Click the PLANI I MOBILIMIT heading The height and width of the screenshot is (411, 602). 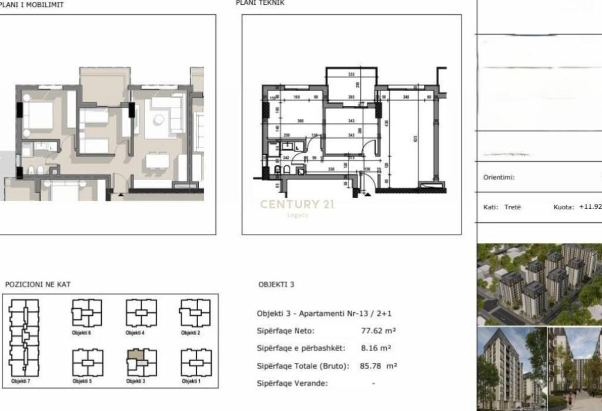pos(32,5)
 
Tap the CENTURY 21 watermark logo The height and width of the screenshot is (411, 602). pos(298,204)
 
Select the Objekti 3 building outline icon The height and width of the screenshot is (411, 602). pos(141,363)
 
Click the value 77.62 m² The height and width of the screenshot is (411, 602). pos(377,331)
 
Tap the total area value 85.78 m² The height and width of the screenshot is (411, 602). pos(378,366)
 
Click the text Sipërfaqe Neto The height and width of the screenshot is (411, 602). pos(286,331)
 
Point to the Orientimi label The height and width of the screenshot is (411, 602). pos(499,177)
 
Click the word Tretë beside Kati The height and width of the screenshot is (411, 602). pos(512,207)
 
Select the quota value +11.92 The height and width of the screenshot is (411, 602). pos(590,207)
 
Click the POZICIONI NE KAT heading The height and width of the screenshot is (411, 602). pos(38,285)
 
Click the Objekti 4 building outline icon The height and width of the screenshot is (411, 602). pos(141,313)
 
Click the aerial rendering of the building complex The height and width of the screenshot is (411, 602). pos(539,284)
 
